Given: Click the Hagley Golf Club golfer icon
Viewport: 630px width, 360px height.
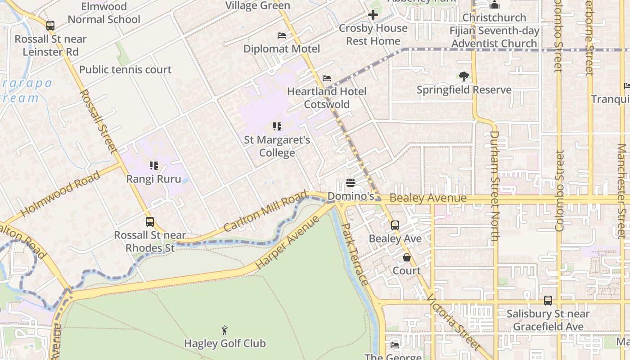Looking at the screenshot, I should pos(225,331).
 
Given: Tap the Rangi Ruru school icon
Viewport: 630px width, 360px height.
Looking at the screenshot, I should pos(154,166).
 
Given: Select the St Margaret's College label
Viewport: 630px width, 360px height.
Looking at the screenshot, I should pos(277,146).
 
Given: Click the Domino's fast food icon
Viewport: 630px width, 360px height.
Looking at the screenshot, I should pos(351,183).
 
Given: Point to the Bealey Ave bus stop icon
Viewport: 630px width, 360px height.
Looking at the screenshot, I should pos(395,225).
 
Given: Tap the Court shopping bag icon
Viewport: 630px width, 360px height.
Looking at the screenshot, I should pos(407,257).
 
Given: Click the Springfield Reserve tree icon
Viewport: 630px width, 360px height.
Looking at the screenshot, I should pos(463,76).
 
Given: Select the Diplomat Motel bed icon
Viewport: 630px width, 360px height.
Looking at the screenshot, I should pos(282,36).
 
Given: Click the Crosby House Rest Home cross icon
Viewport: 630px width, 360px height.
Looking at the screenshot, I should pos(373,15).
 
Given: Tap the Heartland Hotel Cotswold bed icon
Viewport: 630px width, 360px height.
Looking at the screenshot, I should pos(327,78).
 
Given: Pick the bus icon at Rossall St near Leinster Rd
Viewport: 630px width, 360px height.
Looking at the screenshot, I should pos(50,26).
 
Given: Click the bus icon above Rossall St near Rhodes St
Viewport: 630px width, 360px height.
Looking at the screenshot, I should pos(150,222).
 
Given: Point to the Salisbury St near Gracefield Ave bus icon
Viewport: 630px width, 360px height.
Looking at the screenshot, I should pos(548,301).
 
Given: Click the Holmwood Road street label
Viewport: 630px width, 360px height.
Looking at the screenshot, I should pos(60,193).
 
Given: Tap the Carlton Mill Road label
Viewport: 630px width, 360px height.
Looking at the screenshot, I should pos(265,211).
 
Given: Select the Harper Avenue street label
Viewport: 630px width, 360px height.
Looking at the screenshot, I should pos(288,243).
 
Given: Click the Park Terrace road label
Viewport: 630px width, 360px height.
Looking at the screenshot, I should pos(355,254).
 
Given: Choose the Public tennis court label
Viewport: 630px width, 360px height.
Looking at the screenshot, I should pos(125,70).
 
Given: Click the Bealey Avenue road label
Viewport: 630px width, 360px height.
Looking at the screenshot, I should pos(427,198).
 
